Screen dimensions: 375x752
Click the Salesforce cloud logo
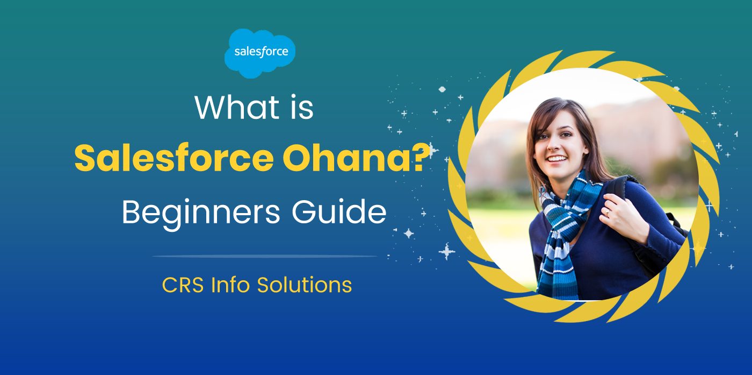point(260,52)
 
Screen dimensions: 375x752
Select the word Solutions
point(305,285)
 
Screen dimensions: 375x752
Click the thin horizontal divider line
point(265,256)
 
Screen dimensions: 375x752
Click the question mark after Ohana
point(422,159)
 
